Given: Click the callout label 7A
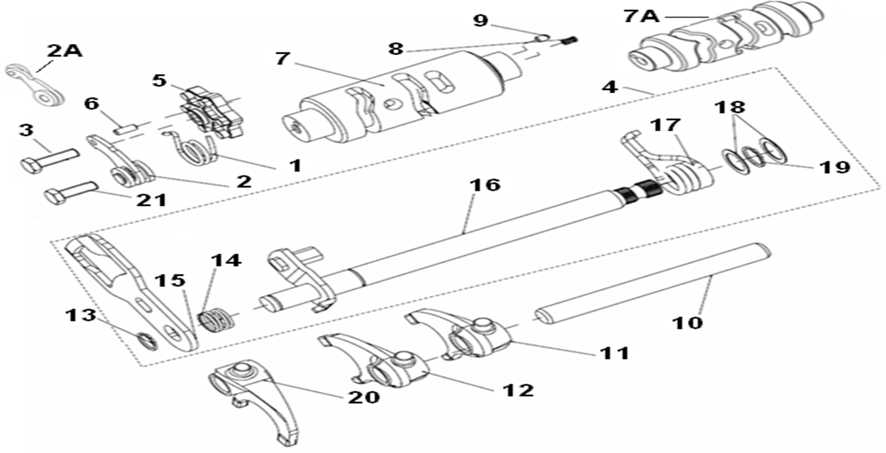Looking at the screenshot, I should click(641, 16).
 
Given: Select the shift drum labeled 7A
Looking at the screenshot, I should click(722, 43).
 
